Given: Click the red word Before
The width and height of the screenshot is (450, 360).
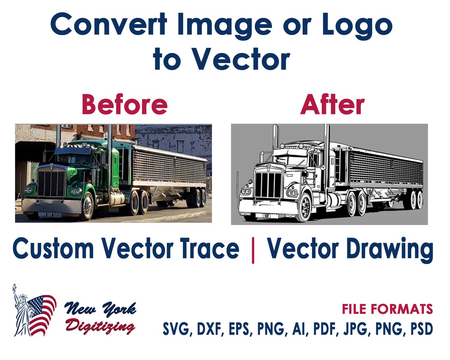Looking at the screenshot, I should coord(125,105).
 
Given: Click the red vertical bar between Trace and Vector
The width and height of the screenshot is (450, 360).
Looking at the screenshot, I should coord(253,250).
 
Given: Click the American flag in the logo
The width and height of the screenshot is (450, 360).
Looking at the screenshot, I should coord(41,314).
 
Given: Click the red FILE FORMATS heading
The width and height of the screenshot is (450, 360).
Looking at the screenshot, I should coord(387,309).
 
